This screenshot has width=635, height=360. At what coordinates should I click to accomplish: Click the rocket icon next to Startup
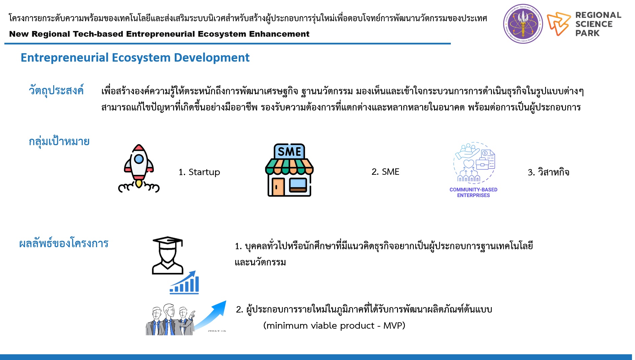pyautogui.click(x=139, y=168)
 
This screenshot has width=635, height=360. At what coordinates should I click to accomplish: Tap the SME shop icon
pyautogui.click(x=289, y=170)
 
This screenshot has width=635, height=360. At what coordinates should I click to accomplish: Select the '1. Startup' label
pyautogui.click(x=199, y=172)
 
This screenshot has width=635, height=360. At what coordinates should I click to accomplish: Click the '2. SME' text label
pyautogui.click(x=385, y=172)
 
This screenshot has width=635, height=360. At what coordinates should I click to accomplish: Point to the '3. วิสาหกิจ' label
pyautogui.click(x=548, y=172)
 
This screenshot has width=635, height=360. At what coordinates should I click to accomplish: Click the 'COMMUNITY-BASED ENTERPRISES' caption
pyautogui.click(x=473, y=192)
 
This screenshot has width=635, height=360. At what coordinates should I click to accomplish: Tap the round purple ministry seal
pyautogui.click(x=523, y=24)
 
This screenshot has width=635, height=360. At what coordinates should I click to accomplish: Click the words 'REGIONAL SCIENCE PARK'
pyautogui.click(x=598, y=24)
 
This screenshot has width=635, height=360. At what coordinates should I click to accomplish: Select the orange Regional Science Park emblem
pyautogui.click(x=558, y=24)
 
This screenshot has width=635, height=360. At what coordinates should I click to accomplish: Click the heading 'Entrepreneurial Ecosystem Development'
pyautogui.click(x=135, y=58)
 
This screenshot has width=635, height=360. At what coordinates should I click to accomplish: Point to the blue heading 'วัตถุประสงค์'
pyautogui.click(x=56, y=90)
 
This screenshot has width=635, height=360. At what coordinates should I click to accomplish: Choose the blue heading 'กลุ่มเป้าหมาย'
pyautogui.click(x=59, y=141)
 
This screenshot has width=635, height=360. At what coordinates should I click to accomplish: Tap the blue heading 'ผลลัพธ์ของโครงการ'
pyautogui.click(x=64, y=243)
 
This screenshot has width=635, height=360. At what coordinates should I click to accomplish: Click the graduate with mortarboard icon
pyautogui.click(x=168, y=255)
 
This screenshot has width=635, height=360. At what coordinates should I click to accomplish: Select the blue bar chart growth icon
pyautogui.click(x=184, y=283)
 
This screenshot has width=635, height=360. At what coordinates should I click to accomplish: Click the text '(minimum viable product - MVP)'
pyautogui.click(x=334, y=326)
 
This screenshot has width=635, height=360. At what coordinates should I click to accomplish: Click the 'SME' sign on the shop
pyautogui.click(x=289, y=152)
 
